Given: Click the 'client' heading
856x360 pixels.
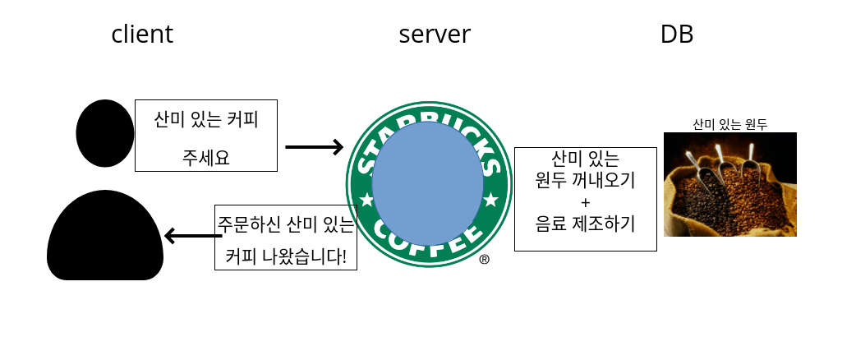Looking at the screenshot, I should [142, 35].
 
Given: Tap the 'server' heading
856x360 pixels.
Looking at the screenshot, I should [435, 35].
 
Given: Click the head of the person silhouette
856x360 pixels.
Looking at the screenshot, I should [105, 134].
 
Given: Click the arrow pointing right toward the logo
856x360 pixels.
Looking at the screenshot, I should [314, 147].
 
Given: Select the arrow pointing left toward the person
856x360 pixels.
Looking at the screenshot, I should [192, 237].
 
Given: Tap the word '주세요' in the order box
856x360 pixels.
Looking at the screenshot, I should [205, 156].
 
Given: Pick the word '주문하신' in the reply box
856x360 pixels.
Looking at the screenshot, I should [244, 224].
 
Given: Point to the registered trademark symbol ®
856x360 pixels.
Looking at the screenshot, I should [484, 260].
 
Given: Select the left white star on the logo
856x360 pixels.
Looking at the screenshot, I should [366, 200].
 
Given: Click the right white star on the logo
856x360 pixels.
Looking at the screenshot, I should [490, 199].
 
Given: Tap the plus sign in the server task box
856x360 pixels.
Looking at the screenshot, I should [585, 201].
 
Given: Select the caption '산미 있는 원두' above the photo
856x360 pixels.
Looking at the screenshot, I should [729, 125].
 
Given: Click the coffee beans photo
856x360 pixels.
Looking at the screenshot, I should [729, 184].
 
